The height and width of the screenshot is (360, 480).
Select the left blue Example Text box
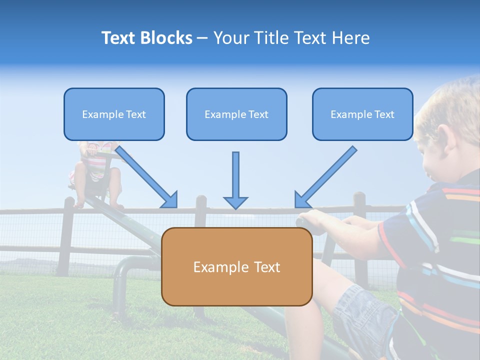point(114,114)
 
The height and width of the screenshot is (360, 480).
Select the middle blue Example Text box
point(236,114)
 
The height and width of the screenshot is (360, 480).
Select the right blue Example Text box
point(362,114)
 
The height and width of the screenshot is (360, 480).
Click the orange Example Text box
point(236,267)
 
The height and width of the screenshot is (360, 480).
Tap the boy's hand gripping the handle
point(315,219)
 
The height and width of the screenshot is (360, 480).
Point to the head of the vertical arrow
point(235,202)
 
